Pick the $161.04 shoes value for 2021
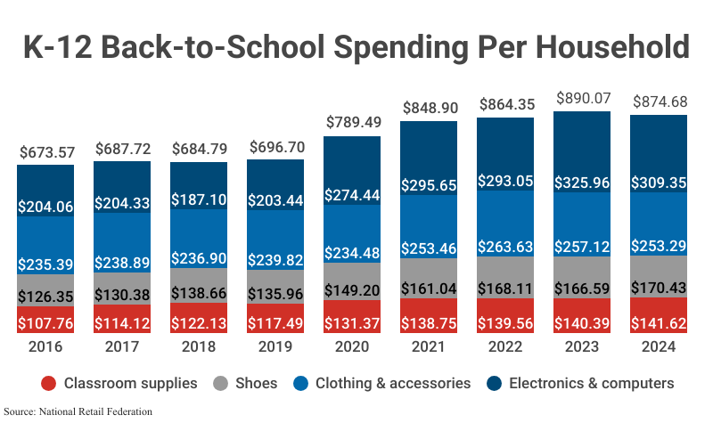point(430,289)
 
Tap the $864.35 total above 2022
point(506,103)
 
